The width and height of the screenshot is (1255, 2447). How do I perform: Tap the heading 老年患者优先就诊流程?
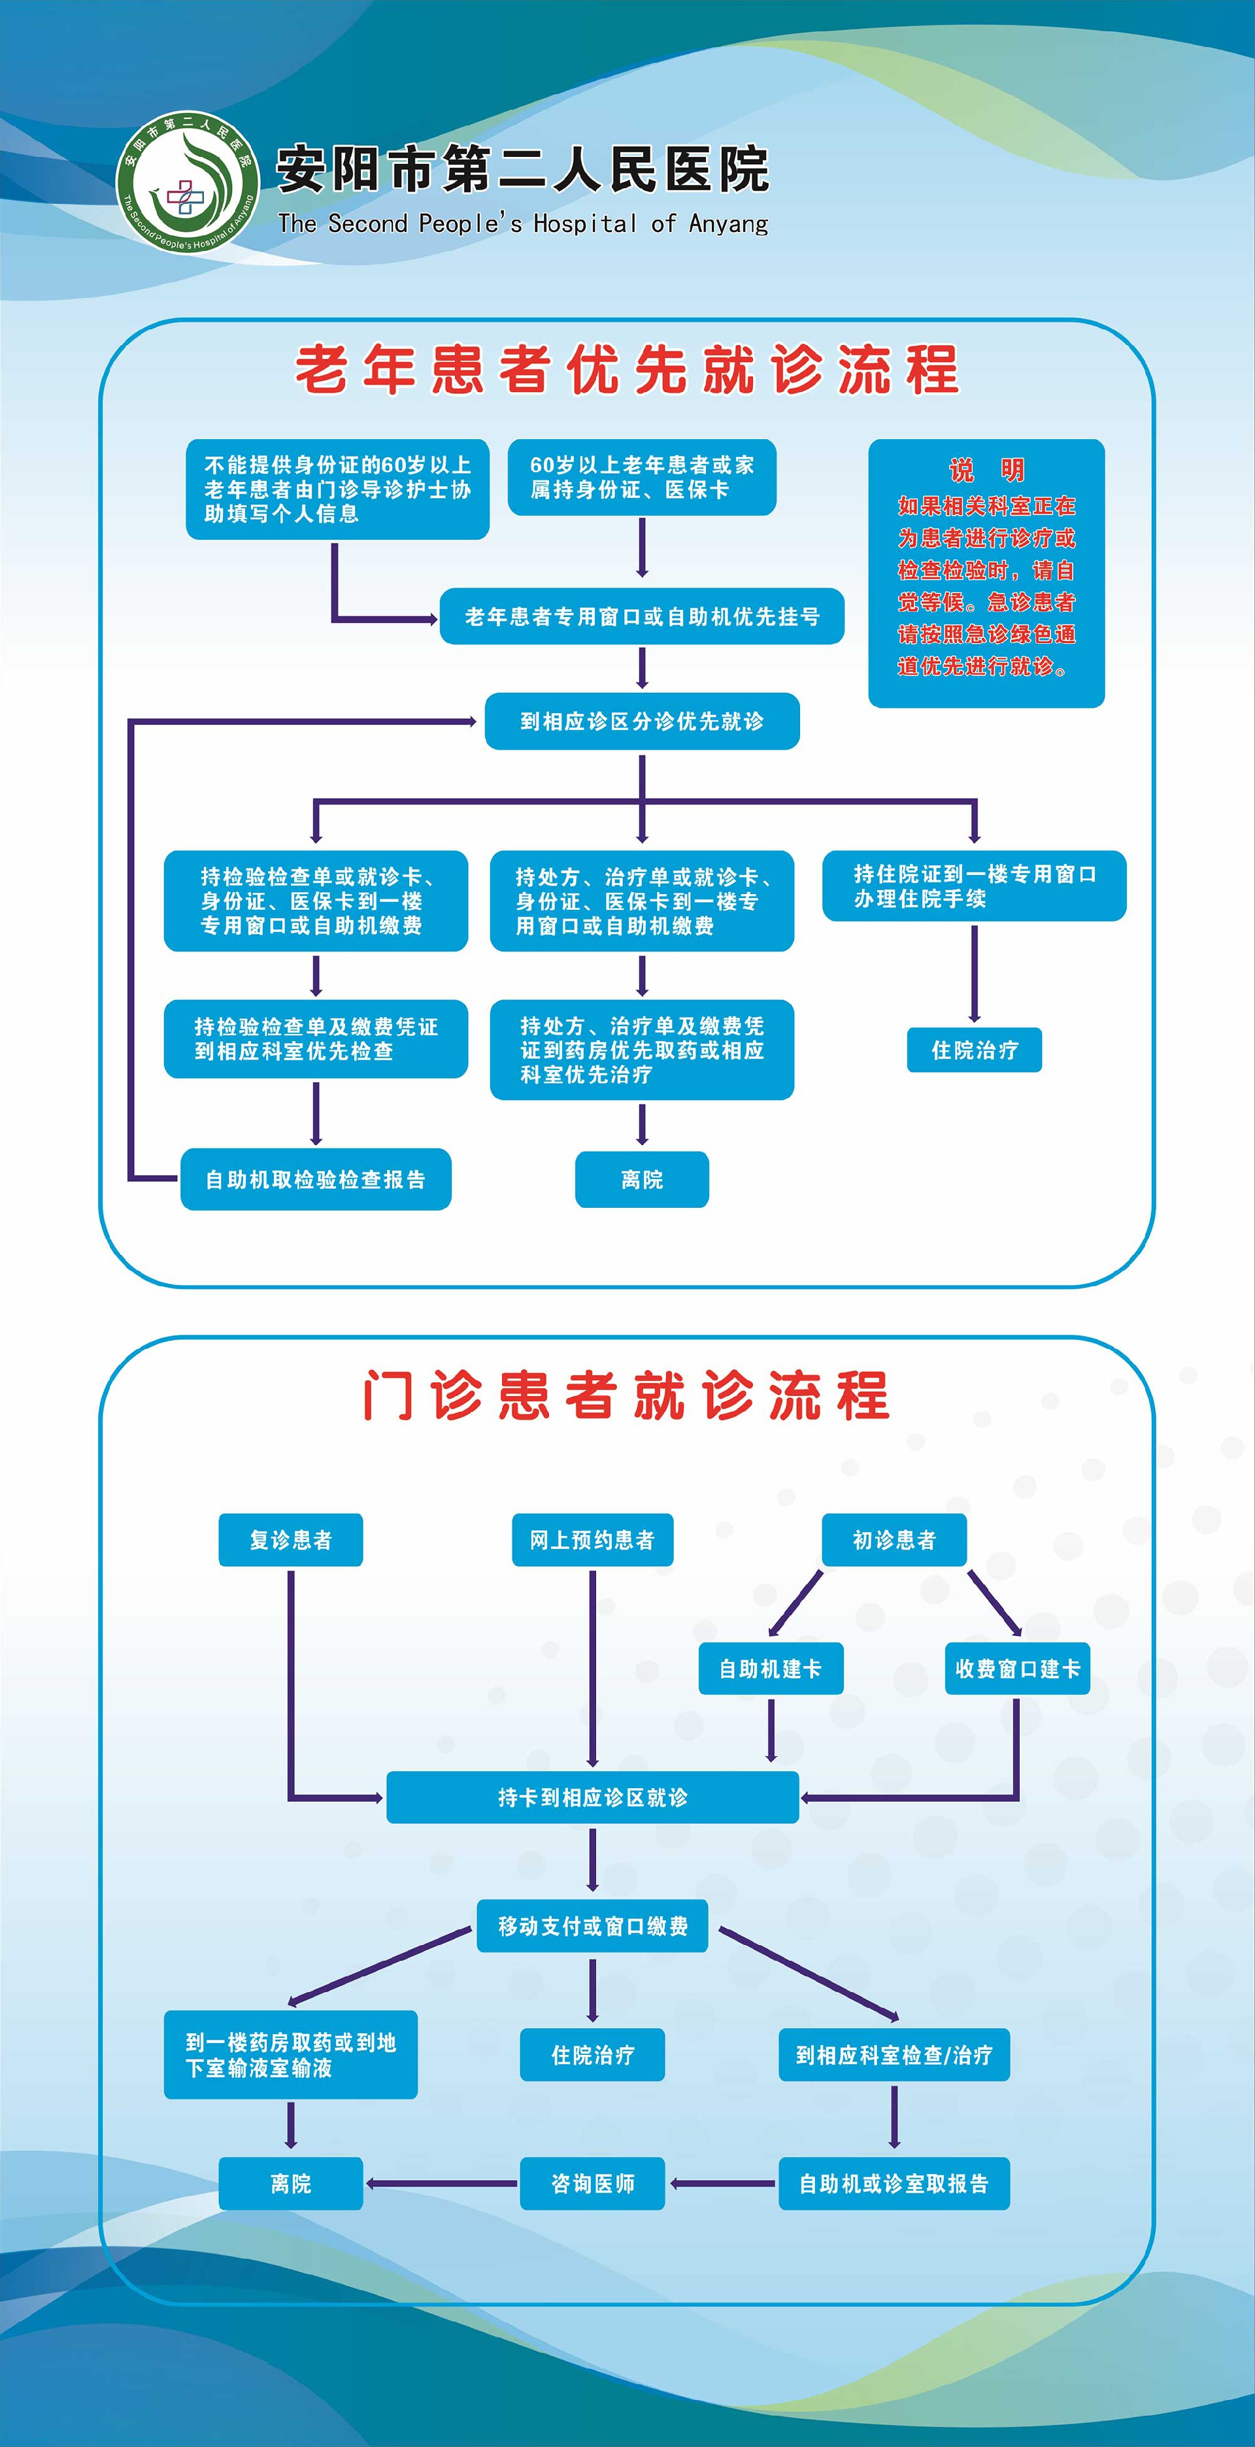click(627, 369)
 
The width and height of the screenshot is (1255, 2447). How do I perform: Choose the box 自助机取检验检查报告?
click(316, 1180)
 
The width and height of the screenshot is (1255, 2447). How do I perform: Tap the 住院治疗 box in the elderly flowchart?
click(974, 1050)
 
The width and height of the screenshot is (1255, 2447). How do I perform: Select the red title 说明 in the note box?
click(986, 470)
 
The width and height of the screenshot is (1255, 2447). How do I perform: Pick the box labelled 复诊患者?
click(291, 1540)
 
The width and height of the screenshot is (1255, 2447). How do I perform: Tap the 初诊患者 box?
click(894, 1540)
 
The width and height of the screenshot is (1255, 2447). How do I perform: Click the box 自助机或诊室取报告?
click(894, 2183)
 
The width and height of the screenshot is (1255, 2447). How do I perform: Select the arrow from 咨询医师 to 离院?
click(442, 2183)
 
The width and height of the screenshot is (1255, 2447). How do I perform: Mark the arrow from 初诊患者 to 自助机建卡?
click(796, 1603)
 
